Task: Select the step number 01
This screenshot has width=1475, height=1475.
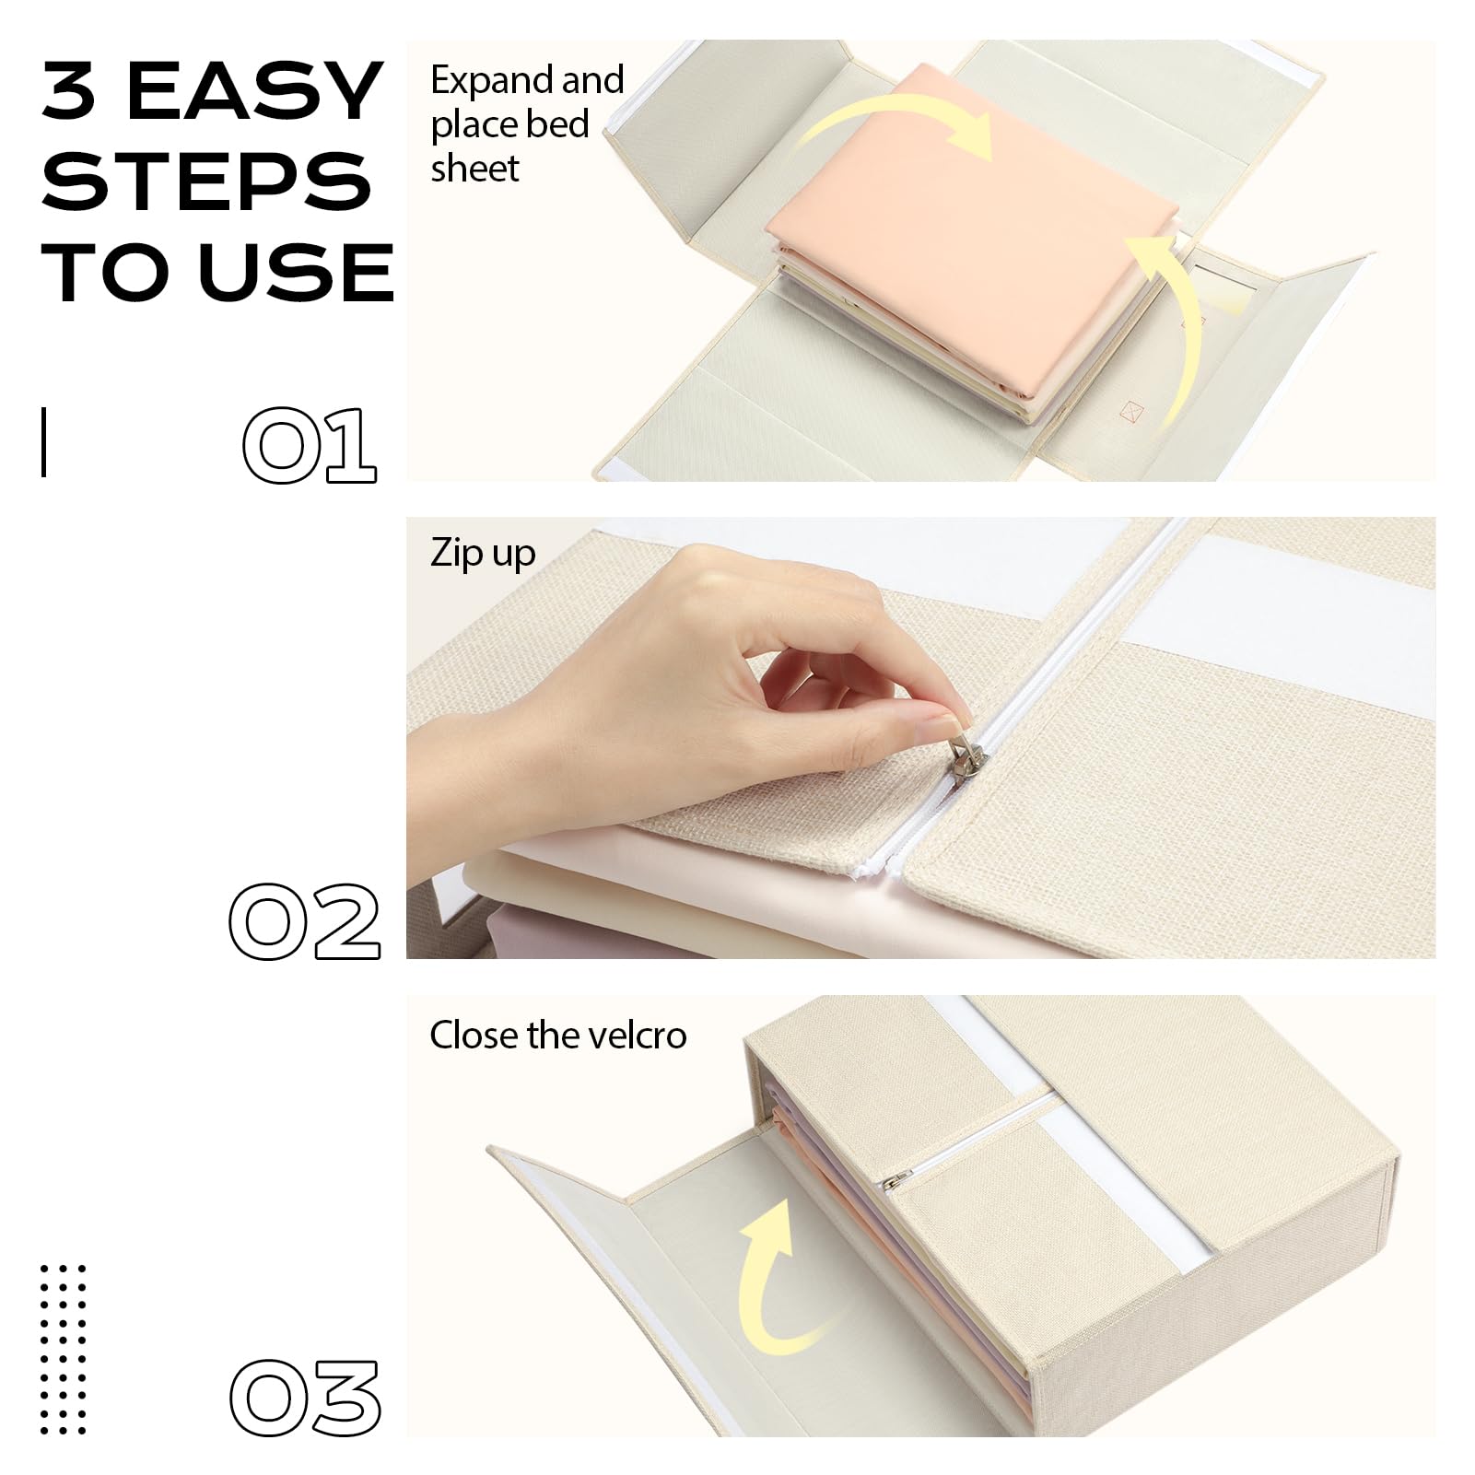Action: coord(310,445)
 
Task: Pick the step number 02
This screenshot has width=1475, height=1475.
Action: coord(305,920)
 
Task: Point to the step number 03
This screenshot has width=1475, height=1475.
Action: coord(305,1397)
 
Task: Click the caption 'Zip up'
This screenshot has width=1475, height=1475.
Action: coord(483,554)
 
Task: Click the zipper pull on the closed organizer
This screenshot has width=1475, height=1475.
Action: coord(898,1179)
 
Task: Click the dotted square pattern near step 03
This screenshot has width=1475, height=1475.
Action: coord(64,1350)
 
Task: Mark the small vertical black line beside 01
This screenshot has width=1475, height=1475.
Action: coord(43,442)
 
